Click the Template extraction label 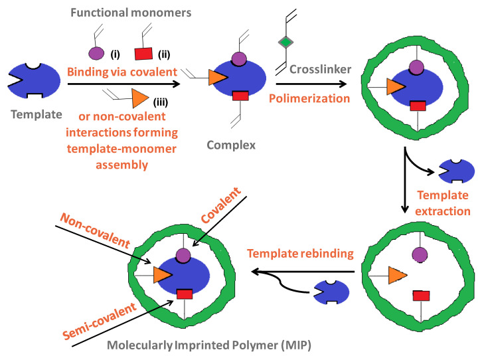pyautogui.click(x=443, y=204)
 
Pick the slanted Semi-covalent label pyautogui.click(x=106, y=315)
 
